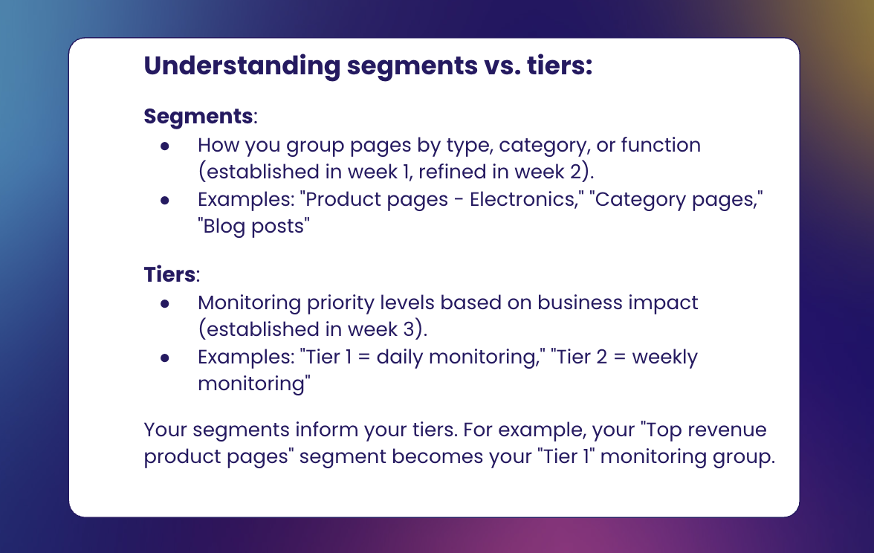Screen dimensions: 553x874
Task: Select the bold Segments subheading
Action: tap(198, 117)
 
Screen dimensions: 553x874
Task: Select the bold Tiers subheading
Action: tap(169, 275)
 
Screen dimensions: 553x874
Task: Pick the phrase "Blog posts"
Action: tap(252, 226)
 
